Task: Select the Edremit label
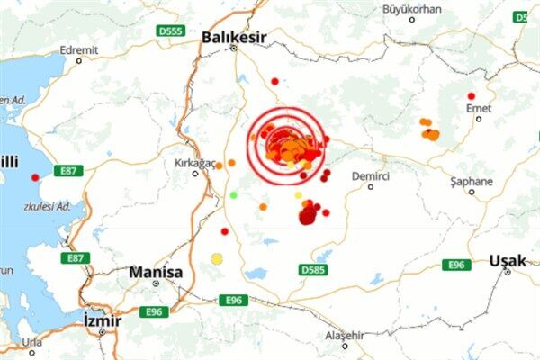click(x=78, y=49)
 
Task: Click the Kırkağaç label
click(x=195, y=162)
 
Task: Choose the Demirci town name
click(x=370, y=175)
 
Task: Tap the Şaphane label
click(x=472, y=181)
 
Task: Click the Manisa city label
click(x=156, y=272)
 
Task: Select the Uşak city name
click(x=507, y=260)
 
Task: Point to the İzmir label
click(x=101, y=320)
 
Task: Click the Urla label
click(x=31, y=342)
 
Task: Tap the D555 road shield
click(x=170, y=31)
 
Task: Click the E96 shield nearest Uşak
click(x=456, y=265)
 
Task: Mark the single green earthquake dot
click(x=234, y=194)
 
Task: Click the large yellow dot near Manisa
click(x=217, y=259)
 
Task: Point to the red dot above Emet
click(x=471, y=96)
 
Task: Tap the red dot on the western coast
click(x=35, y=177)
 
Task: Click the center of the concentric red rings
click(x=285, y=146)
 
